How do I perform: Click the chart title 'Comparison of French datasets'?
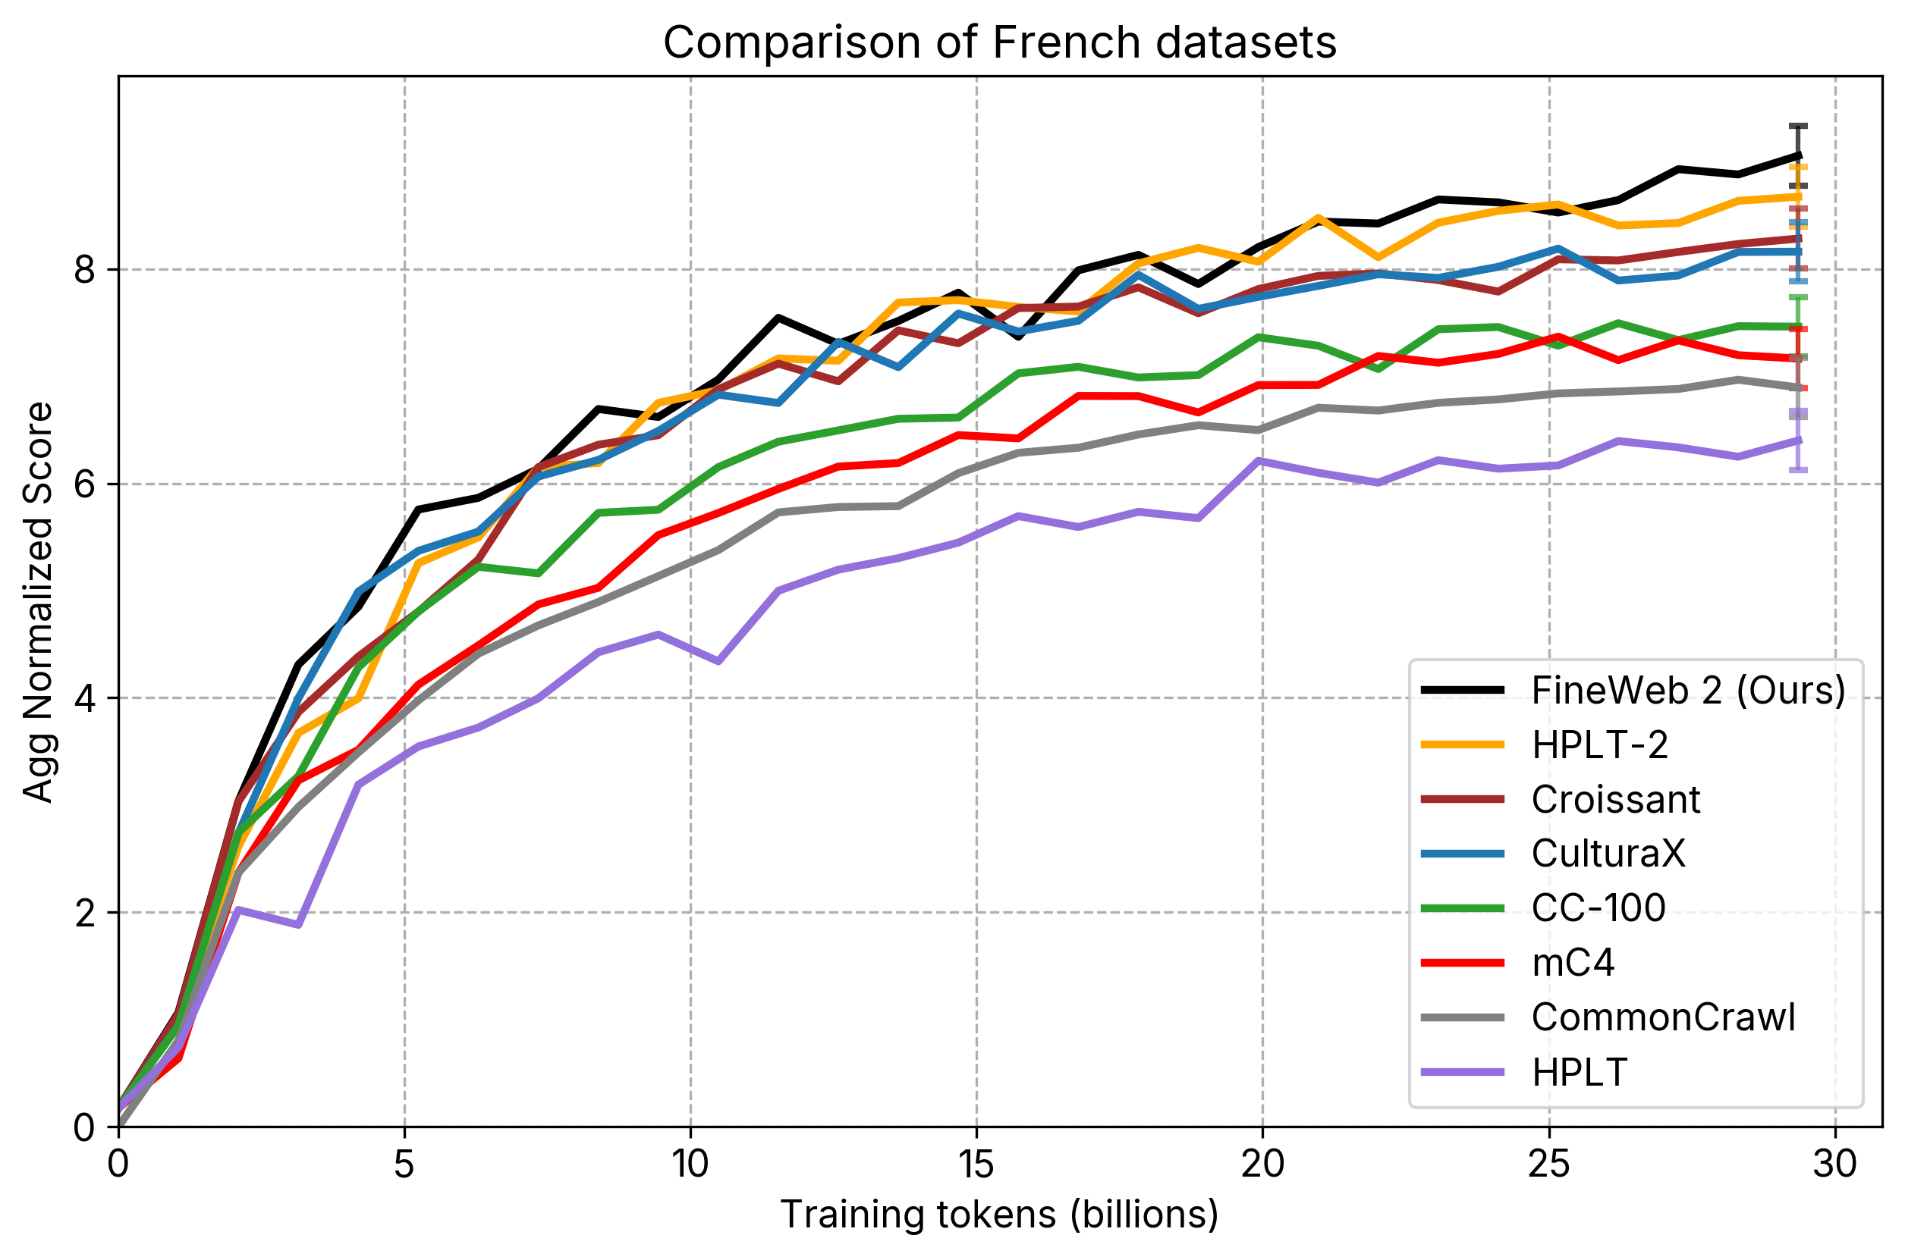pos(999,42)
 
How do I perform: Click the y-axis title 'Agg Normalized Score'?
pos(38,602)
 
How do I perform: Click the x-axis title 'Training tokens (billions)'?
pos(999,1215)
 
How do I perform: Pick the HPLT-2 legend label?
pos(1599,744)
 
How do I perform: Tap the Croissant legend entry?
pos(1615,799)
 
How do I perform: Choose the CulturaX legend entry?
pos(1608,854)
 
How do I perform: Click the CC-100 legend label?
pos(1598,908)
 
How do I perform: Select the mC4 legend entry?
pos(1572,962)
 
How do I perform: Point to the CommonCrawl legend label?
pos(1663,1017)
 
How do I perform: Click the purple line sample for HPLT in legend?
pos(1462,1072)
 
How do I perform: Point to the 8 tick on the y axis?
pos(85,270)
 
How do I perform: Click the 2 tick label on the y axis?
pos(85,913)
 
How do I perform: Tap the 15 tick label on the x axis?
pos(976,1163)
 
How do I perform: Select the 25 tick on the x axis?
pos(1548,1163)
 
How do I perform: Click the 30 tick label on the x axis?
pos(1834,1163)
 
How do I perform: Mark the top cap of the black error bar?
pos(1798,127)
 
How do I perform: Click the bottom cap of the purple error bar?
pos(1798,470)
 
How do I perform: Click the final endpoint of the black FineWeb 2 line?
pos(1799,155)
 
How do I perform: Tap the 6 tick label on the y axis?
pos(85,484)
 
